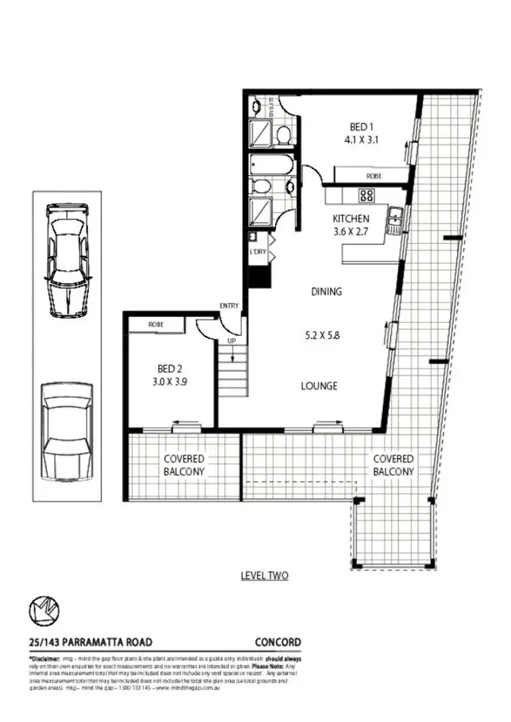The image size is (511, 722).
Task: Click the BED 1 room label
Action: point(360,127)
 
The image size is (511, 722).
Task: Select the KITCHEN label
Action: point(351,219)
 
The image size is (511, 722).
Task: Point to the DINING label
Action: point(326,292)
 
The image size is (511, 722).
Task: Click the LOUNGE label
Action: point(320,386)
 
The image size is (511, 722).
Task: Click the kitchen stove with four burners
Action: point(367,195)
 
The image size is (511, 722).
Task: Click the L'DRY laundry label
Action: point(258,252)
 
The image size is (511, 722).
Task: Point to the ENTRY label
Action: point(229,306)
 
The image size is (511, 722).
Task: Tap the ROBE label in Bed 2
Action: point(155,325)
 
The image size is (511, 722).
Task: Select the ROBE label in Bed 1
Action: point(374,176)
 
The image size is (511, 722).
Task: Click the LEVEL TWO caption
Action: point(265,576)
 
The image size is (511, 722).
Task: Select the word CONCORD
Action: point(277,642)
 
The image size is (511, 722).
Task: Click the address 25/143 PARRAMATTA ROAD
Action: point(91,642)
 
